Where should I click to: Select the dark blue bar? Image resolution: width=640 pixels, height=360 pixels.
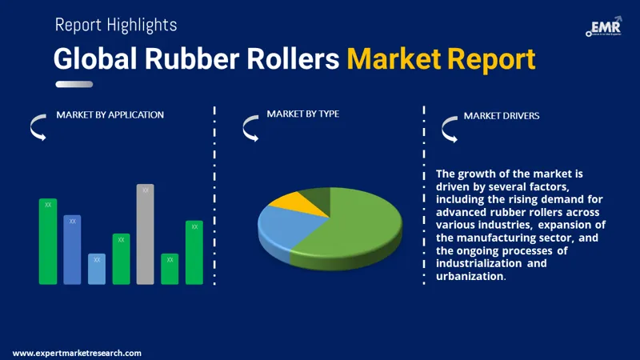(x=72, y=250)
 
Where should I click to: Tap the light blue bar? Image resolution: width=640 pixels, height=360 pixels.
(x=96, y=269)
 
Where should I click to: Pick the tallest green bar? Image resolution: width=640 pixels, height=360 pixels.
(x=48, y=241)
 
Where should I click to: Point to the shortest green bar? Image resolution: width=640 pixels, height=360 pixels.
(x=169, y=269)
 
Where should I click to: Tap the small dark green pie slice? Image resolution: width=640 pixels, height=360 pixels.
(x=316, y=198)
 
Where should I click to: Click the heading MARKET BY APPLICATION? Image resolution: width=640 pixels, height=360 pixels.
(x=110, y=115)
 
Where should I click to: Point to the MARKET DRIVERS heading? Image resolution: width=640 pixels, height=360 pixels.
(x=502, y=116)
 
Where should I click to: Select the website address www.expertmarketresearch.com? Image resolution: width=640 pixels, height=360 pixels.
(x=77, y=353)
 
